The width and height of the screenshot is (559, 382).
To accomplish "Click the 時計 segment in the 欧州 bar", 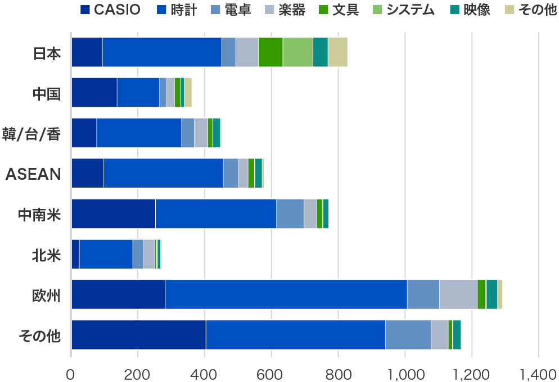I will point(286,294).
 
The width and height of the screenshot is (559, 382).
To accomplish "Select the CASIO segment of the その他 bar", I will point(138,334).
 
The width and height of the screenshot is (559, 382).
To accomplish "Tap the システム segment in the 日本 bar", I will point(297,52).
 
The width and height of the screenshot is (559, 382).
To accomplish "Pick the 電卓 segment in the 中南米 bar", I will point(290,213).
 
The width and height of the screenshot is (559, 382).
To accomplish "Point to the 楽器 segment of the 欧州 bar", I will point(458,294).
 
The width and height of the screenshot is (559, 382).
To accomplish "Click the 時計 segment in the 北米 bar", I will point(106,254).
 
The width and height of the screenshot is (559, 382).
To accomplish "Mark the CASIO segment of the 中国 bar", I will point(94,92).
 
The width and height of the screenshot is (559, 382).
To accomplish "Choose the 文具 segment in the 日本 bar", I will point(270,52).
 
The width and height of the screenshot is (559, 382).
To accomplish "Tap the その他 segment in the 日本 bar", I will point(337,52).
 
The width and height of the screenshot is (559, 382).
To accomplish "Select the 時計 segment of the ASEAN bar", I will point(163,173).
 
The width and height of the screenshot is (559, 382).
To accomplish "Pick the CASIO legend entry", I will point(110,10).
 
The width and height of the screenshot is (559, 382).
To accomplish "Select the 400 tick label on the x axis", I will point(205,373).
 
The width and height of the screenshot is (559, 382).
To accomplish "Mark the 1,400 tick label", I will point(538,373).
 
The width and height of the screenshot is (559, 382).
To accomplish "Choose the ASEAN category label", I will point(33,174).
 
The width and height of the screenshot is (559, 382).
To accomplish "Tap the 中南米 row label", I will point(39,214).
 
